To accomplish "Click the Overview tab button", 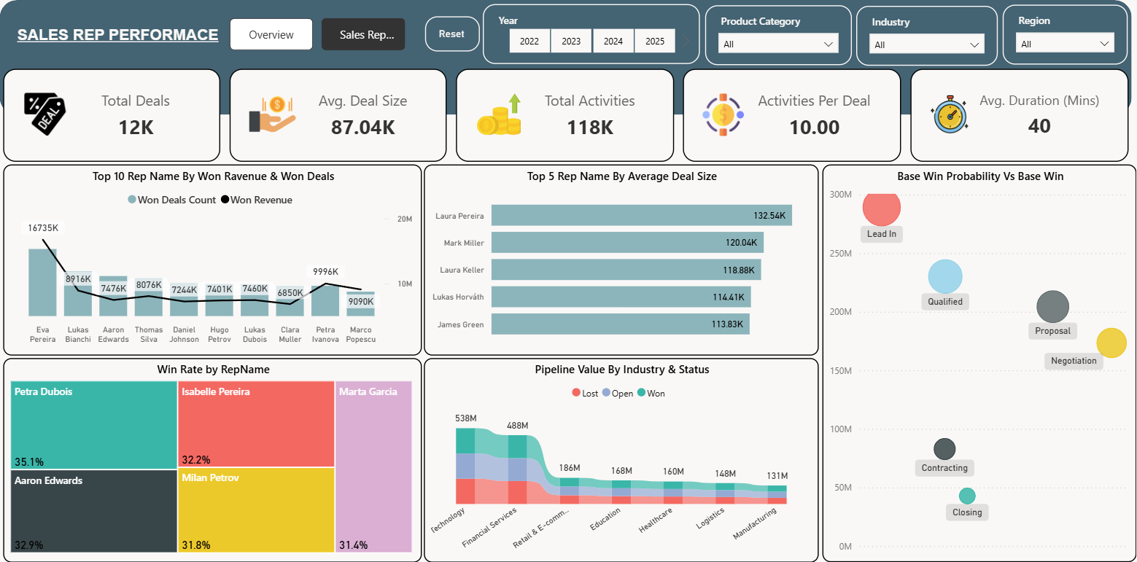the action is click(x=271, y=34).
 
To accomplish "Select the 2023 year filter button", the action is click(x=571, y=41).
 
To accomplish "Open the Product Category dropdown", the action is click(x=777, y=44).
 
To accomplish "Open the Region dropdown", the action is click(x=1064, y=44).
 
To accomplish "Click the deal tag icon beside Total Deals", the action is click(x=44, y=114).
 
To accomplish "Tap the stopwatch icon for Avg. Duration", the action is click(x=949, y=114).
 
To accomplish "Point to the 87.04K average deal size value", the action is click(x=363, y=128).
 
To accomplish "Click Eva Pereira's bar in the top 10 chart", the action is click(x=42, y=283).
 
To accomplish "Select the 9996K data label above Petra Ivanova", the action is click(x=325, y=271).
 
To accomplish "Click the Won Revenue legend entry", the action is click(x=257, y=200).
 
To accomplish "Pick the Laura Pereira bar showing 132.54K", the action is click(x=642, y=216).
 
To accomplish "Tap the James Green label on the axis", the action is click(x=460, y=324).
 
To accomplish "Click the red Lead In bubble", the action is click(x=882, y=207).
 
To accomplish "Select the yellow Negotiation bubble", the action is click(x=1111, y=343).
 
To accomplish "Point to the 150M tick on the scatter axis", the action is click(x=841, y=371).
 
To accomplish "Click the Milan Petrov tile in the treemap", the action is click(x=256, y=510).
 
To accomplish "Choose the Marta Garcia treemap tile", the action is click(x=373, y=467).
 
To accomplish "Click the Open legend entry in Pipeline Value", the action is click(x=618, y=393).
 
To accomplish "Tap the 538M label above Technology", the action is click(x=465, y=418).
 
